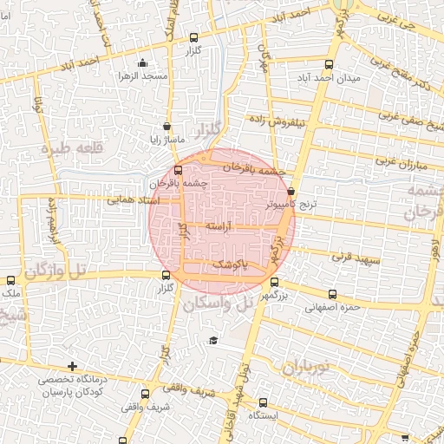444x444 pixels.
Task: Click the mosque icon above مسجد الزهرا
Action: point(143,62)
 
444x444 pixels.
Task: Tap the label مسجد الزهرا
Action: point(143,76)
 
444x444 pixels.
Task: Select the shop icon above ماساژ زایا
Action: point(166,127)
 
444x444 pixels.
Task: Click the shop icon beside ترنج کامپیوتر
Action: point(291,191)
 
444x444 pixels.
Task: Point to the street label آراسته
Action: point(221,225)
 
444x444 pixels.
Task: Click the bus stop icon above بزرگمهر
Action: point(275,282)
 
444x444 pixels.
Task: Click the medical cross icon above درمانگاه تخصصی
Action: point(72,366)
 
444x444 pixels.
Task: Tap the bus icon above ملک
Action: point(10,280)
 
